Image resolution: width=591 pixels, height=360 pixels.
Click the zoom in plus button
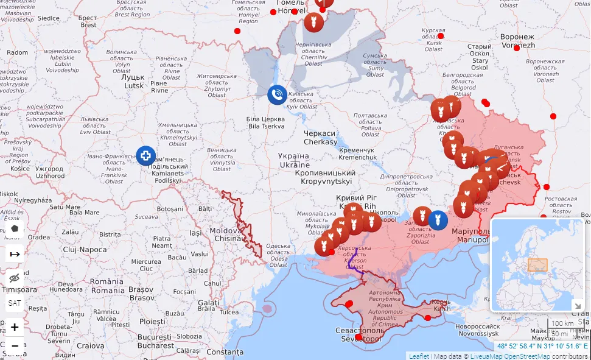point(15,327)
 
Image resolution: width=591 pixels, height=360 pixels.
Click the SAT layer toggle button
point(15,302)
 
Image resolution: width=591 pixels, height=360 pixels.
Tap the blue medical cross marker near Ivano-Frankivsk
point(145,156)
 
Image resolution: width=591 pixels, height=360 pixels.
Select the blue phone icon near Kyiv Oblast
point(277,94)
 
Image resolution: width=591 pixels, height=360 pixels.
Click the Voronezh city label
point(517,41)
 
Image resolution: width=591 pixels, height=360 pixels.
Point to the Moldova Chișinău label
point(226,235)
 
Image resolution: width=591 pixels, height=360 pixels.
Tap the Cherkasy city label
point(320,138)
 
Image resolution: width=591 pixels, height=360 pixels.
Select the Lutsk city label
point(133,82)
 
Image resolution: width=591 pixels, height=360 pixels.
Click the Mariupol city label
point(470,236)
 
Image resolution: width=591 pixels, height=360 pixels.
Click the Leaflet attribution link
point(419,356)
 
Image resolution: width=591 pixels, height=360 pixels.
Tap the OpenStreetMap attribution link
point(529,356)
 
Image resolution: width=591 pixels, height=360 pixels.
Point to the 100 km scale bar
point(563,323)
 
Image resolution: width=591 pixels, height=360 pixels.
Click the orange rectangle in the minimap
point(537,265)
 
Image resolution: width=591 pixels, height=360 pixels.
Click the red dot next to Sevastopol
point(358,337)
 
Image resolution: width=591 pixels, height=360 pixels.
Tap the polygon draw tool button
point(15,229)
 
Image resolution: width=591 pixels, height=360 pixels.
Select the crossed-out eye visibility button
point(15,278)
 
